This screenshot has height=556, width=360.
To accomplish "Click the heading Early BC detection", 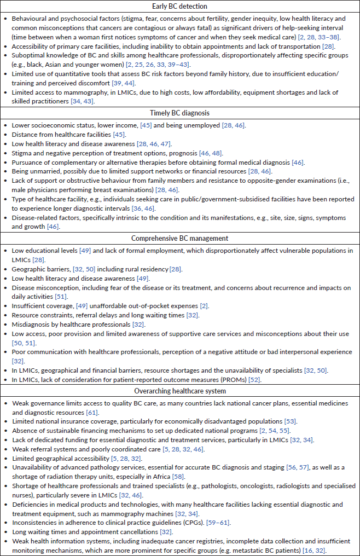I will [180, 7].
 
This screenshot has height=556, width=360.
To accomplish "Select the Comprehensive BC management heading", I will [180, 239].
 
